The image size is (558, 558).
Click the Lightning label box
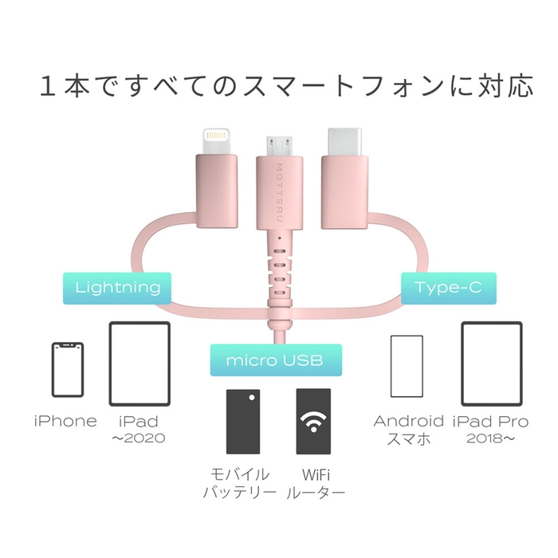[x=118, y=287]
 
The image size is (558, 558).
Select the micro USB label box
[x=275, y=360]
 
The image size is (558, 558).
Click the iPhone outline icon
[x=68, y=370]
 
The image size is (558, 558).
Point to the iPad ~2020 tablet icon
[x=139, y=363]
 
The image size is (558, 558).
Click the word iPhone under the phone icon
[x=65, y=421]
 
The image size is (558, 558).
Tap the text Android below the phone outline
[x=409, y=421]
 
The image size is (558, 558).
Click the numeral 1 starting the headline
[x=49, y=86]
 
